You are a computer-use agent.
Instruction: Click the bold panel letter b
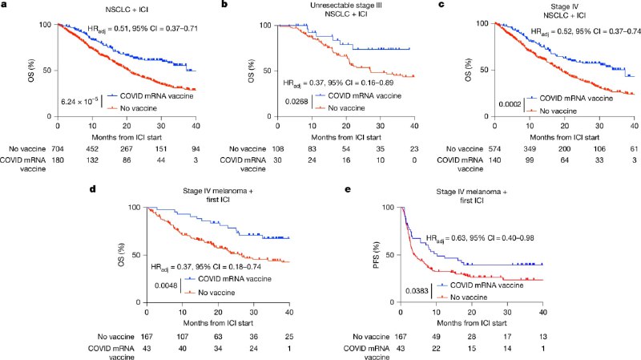(224, 5)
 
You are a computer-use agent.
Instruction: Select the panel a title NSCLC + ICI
(127, 9)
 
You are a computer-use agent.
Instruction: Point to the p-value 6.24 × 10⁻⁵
(79, 101)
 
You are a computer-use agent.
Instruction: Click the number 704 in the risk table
(58, 149)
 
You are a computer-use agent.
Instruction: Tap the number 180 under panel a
(58, 160)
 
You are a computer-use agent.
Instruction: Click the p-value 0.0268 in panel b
(296, 101)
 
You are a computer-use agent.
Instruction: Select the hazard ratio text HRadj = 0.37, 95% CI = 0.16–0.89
(338, 83)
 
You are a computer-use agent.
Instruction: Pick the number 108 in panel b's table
(277, 149)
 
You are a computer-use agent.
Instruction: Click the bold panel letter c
(441, 5)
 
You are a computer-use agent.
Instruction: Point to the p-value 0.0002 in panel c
(510, 104)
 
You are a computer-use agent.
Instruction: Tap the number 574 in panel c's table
(494, 149)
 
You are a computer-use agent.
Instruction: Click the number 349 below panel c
(530, 149)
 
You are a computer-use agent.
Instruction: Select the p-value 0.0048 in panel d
(166, 285)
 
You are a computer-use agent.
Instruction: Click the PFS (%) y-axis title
(377, 255)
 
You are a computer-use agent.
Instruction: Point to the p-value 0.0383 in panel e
(417, 291)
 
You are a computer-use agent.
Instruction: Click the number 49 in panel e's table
(436, 337)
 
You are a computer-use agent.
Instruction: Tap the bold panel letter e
(348, 189)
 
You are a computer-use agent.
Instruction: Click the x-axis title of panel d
(218, 323)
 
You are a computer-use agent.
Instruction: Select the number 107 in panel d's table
(183, 337)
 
